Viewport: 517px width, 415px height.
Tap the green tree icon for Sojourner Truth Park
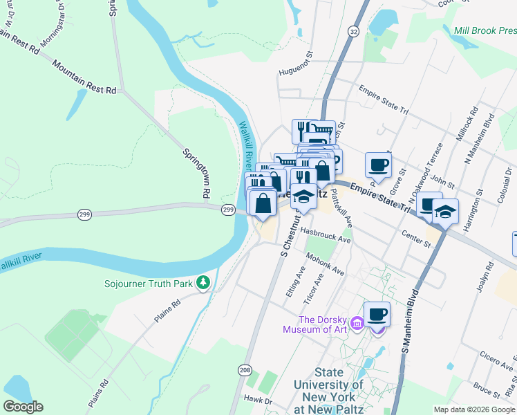[203, 282]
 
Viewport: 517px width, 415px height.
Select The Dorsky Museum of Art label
[323, 324]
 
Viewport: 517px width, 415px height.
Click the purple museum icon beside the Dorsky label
[357, 323]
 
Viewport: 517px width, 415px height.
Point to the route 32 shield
[353, 33]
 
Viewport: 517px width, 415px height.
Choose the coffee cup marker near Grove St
[377, 165]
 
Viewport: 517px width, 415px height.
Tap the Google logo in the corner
[23, 407]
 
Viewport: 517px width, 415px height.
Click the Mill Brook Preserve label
[485, 30]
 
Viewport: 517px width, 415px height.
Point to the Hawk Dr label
[258, 399]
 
